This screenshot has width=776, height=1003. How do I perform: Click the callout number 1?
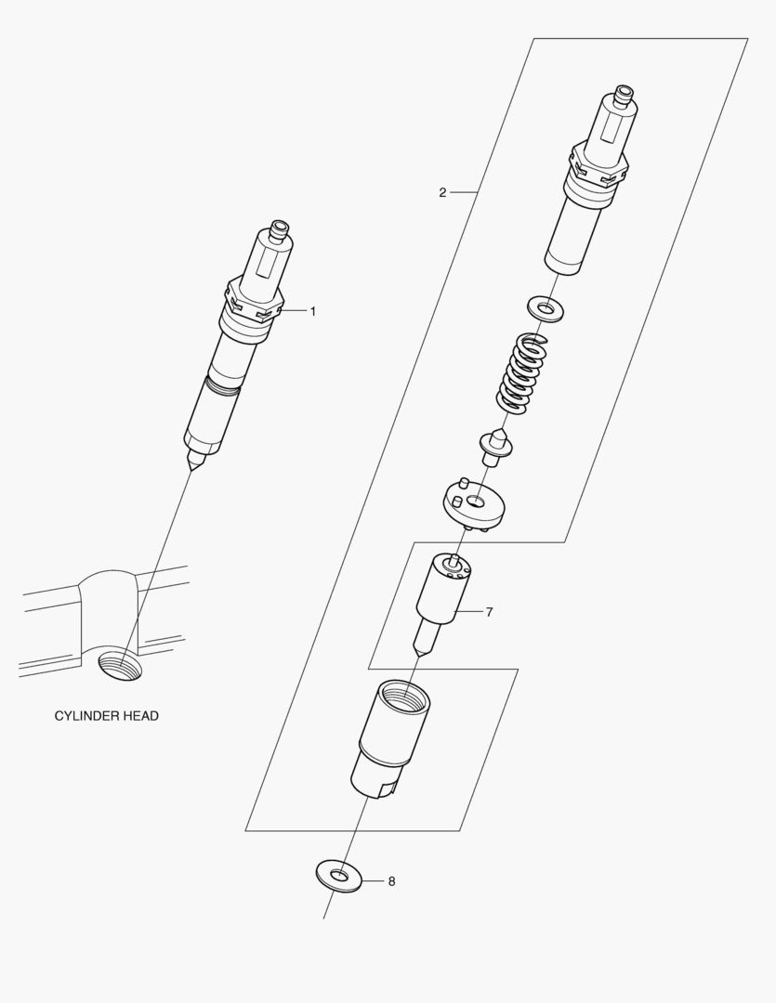pos(313,311)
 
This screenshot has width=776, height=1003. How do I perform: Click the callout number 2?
pos(442,192)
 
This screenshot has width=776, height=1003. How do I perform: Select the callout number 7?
pos(489,612)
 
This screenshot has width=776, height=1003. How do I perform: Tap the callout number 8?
pos(391,881)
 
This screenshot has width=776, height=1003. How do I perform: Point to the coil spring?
pos(521,374)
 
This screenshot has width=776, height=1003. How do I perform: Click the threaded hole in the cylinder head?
pos(122,666)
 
